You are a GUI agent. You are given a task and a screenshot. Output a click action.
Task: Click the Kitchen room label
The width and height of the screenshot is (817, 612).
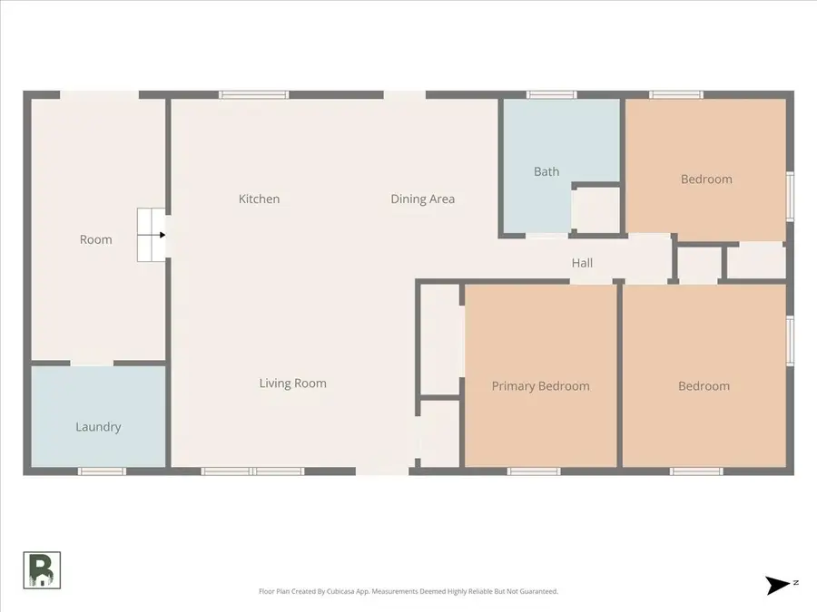click(x=259, y=199)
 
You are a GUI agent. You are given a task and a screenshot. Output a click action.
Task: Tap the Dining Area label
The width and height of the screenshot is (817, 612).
click(x=422, y=199)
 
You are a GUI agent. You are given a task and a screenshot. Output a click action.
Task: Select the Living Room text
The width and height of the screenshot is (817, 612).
click(x=292, y=384)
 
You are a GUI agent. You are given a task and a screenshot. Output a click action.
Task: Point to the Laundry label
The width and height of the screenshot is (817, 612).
click(x=98, y=427)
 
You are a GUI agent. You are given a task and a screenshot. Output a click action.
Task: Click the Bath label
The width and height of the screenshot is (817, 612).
click(x=546, y=171)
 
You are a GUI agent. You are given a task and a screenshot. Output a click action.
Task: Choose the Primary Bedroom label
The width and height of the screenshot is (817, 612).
click(x=540, y=386)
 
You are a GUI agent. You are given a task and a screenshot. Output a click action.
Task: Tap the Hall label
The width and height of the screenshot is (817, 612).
click(x=582, y=263)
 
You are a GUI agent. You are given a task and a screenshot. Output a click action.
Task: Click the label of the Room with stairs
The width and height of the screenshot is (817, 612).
click(x=95, y=239)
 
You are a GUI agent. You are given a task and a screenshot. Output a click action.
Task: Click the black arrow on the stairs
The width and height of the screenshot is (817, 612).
click(x=162, y=235)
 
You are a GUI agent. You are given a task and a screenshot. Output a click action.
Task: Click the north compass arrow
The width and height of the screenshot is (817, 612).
click(x=778, y=585)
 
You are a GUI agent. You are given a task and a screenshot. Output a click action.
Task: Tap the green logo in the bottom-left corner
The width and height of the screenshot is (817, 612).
click(x=42, y=570)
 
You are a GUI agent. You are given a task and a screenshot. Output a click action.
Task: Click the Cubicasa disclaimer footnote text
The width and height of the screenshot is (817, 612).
click(x=408, y=591)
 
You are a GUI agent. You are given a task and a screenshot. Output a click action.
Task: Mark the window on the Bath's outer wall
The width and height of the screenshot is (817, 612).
click(x=551, y=94)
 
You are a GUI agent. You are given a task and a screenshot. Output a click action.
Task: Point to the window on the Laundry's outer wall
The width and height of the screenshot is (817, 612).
click(x=101, y=471)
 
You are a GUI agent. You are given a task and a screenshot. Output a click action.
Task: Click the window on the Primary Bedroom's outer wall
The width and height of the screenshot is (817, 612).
click(x=534, y=471)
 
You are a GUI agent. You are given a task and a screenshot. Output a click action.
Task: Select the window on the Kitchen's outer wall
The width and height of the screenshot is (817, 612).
click(x=254, y=94)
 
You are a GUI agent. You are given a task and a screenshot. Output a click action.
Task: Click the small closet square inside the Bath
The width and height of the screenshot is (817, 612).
click(x=596, y=209)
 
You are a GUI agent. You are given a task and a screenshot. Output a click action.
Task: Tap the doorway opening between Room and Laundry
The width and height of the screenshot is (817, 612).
click(x=92, y=363)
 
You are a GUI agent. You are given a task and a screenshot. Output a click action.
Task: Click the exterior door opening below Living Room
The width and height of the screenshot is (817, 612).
click(x=382, y=471)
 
